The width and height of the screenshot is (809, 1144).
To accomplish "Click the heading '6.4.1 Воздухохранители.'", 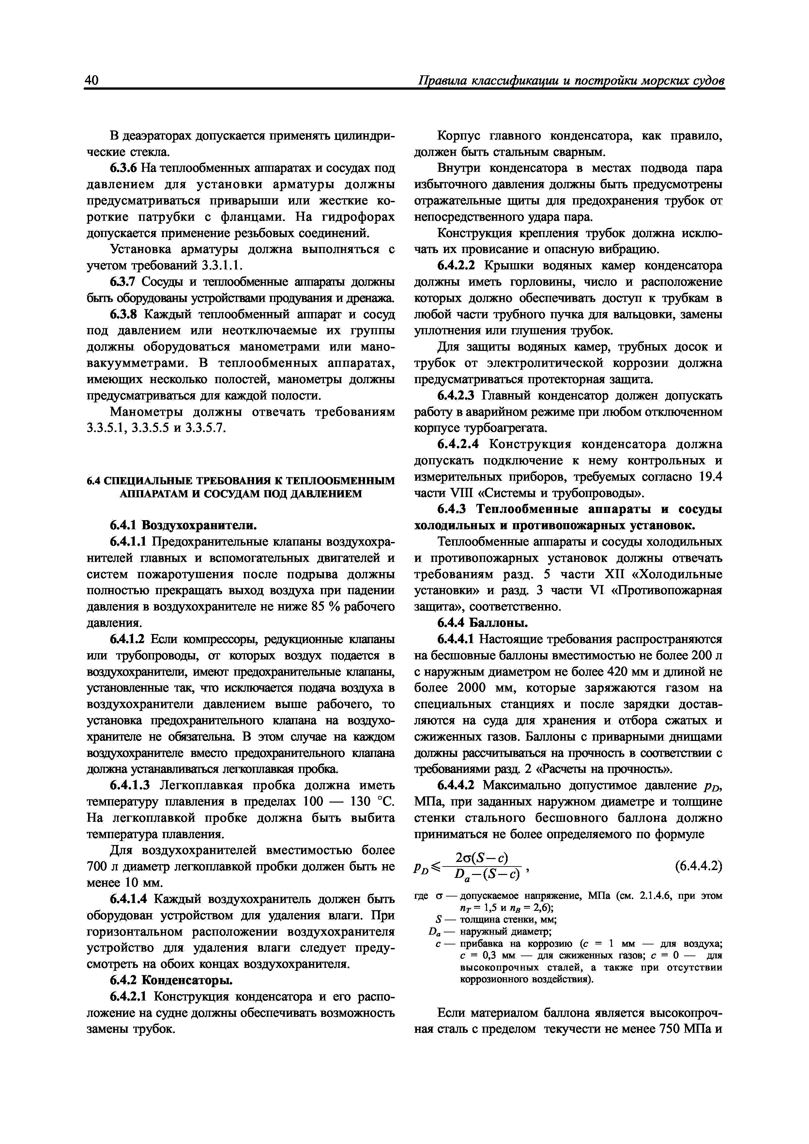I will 183,525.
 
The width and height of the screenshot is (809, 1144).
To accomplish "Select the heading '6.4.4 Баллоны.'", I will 482,623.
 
